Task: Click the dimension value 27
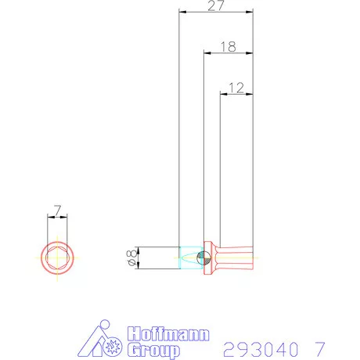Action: (x=216, y=5)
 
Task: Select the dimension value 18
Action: (x=228, y=46)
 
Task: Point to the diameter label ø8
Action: (x=131, y=258)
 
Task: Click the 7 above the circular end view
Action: (x=57, y=209)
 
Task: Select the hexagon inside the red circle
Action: (x=57, y=257)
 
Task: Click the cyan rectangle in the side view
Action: (x=189, y=257)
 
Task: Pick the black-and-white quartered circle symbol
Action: (x=203, y=257)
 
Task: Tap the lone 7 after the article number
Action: (x=319, y=347)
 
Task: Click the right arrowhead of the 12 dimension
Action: (x=252, y=95)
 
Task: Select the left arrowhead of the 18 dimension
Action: (x=206, y=54)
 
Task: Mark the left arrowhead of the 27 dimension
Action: (x=181, y=13)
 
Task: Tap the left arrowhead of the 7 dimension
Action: (x=49, y=217)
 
